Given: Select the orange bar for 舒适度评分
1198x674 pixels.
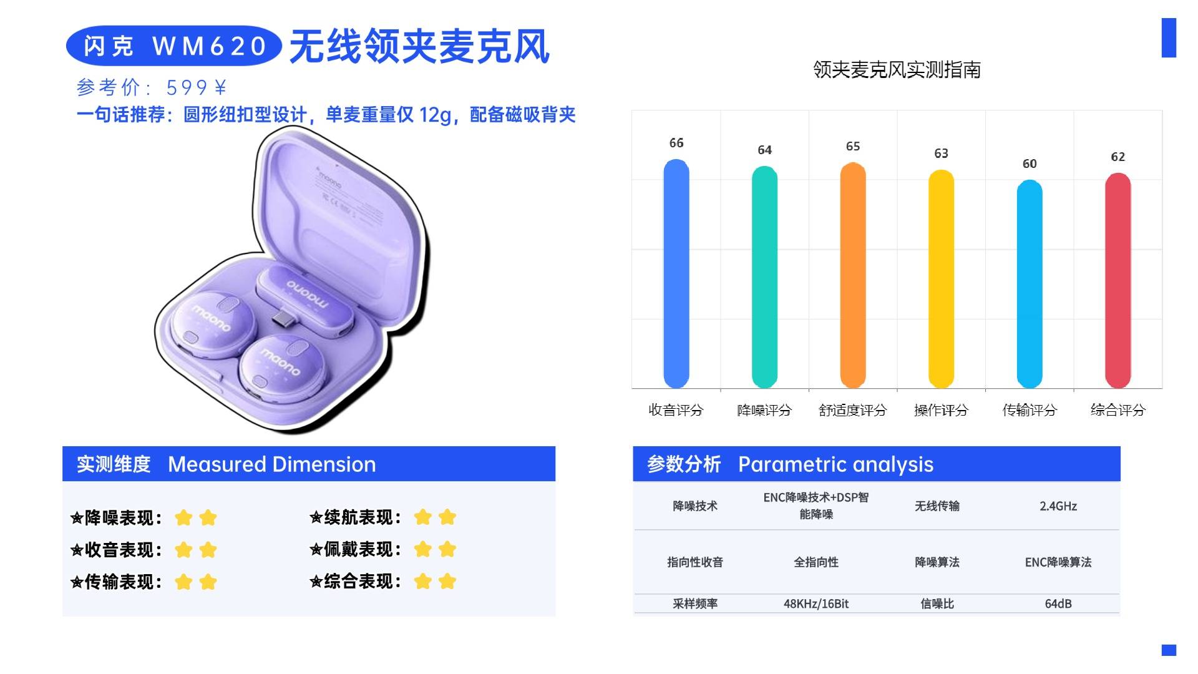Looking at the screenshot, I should click(852, 275).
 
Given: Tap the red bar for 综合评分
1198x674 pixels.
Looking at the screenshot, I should click(1118, 281).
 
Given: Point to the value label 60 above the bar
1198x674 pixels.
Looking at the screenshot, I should click(1030, 164).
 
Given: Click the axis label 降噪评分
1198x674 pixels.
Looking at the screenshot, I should click(764, 410).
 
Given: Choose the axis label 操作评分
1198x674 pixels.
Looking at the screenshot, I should click(941, 410).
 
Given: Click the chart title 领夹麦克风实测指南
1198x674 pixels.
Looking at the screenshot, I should click(897, 69).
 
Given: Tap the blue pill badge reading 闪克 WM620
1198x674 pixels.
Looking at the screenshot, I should click(174, 46).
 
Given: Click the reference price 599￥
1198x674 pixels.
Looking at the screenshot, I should click(196, 87).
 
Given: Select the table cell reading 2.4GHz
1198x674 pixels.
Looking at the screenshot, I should click(1058, 506).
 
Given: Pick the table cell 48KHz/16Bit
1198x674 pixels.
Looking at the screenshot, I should click(816, 603).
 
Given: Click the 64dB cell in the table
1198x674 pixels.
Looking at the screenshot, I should click(1058, 603).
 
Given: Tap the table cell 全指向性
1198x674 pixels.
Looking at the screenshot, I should click(816, 562).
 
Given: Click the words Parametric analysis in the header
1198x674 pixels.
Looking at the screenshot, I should click(835, 464).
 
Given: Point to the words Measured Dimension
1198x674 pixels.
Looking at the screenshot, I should click(272, 464).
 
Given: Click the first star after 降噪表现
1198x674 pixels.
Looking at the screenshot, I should click(183, 518).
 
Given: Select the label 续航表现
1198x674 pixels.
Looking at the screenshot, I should click(362, 517).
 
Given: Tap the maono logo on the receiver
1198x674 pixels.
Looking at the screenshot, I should click(306, 293).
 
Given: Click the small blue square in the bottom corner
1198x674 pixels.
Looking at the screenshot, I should click(1169, 650).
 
